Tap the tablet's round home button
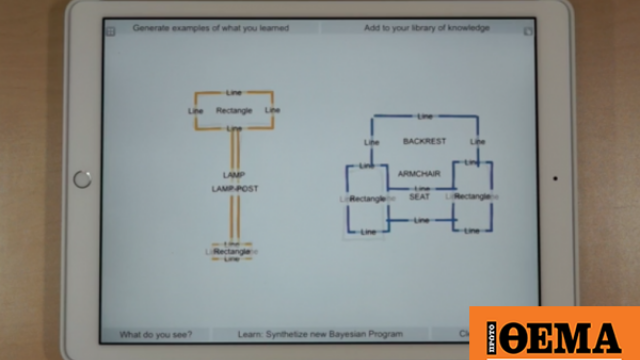coord(82,179)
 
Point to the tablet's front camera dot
coord(555,180)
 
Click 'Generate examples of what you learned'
coord(211,28)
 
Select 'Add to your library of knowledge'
coord(426,28)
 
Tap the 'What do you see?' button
coord(156,334)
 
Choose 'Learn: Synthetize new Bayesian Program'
coord(321,334)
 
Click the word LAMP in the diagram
coord(234,175)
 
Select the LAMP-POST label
coord(234,188)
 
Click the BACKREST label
coord(424,141)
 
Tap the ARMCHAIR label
coord(420,174)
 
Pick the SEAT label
coord(419,197)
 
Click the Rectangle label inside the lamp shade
coord(234,110)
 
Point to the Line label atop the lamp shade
coord(234,92)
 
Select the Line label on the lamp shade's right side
coord(272,110)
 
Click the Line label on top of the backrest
coord(425,117)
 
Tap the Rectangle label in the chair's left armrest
coord(368,199)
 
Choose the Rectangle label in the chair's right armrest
coord(472,197)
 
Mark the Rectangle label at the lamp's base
coord(232,251)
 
